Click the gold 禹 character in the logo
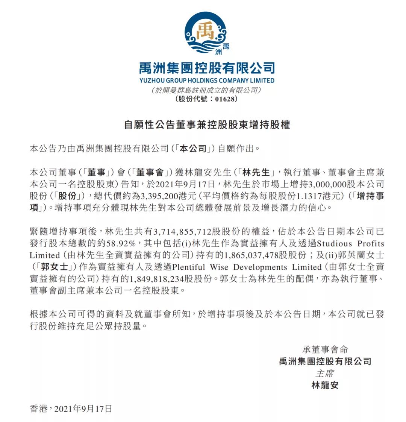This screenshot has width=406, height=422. point(206,31)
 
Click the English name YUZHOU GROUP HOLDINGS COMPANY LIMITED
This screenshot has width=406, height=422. point(207,80)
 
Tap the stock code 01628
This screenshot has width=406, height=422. point(225,99)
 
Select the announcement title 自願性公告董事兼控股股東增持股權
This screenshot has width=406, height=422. point(207,125)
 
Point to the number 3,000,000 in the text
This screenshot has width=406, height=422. point(328,184)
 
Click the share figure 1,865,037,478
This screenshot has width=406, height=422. point(251,255)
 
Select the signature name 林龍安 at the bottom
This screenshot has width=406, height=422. point(325,386)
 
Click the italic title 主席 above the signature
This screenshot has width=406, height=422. point(324,373)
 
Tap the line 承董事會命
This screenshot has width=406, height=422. point(325,349)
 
